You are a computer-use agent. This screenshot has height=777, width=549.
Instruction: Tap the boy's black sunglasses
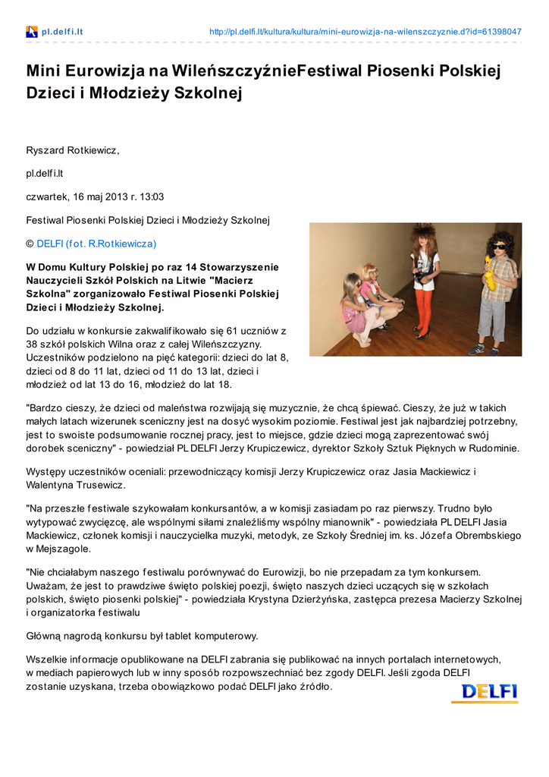click(x=500, y=247)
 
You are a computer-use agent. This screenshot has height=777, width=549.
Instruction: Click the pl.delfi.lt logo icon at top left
click(x=32, y=32)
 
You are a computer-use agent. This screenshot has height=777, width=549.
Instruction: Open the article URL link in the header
click(x=365, y=32)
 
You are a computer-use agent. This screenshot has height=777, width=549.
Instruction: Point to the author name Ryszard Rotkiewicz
click(x=73, y=150)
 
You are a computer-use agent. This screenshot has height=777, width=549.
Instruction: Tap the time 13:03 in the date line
click(x=151, y=197)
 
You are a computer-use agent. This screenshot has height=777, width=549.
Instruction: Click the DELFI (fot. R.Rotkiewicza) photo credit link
click(x=96, y=244)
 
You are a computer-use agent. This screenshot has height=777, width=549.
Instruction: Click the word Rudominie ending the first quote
click(x=493, y=448)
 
